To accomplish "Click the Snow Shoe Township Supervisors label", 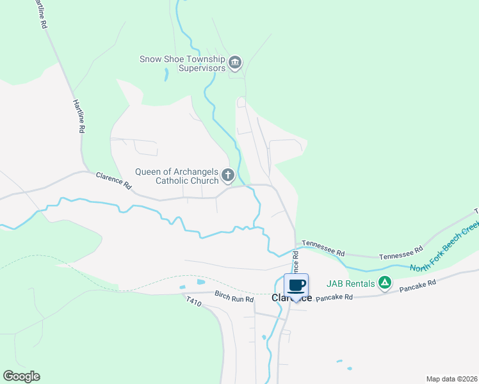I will click(183, 63).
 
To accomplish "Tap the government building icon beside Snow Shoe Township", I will click(235, 62).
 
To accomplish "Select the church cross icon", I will click(227, 175).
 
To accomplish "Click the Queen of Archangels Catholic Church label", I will click(177, 176).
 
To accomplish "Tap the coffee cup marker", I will click(296, 285).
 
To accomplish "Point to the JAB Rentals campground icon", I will click(384, 282).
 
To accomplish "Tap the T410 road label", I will click(193, 301).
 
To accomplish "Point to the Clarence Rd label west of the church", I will click(113, 181).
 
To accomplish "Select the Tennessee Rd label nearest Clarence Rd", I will click(323, 244).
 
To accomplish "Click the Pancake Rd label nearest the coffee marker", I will click(334, 298).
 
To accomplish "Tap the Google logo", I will click(21, 376).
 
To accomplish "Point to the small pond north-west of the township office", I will click(166, 74).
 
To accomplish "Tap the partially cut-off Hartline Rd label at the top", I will click(38, 14).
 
